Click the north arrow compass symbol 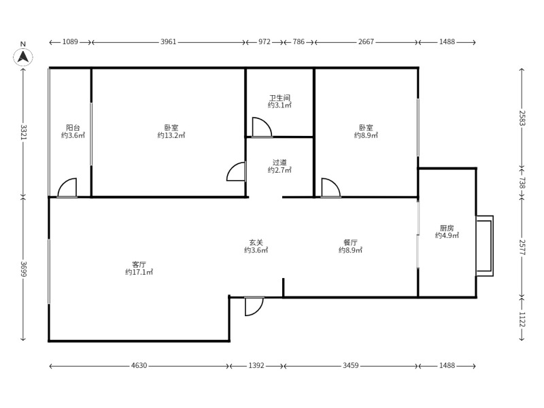point(23,56)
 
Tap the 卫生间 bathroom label point(279,98)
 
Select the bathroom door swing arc point(262,127)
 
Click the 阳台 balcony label point(73,128)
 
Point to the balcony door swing point(67,188)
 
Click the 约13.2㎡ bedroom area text point(171,135)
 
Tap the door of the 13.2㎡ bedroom point(236,171)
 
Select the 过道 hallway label point(279,163)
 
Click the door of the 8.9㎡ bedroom point(330,188)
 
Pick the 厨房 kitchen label point(447,228)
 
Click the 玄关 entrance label point(256,243)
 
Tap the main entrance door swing point(254,306)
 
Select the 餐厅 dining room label point(350,242)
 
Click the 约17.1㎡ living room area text point(139,272)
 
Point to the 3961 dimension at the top point(168,42)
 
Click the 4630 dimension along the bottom point(139,365)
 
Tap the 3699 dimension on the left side point(23,269)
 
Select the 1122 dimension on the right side point(522,319)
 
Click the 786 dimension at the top point(299,42)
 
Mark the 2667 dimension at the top point(366,42)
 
